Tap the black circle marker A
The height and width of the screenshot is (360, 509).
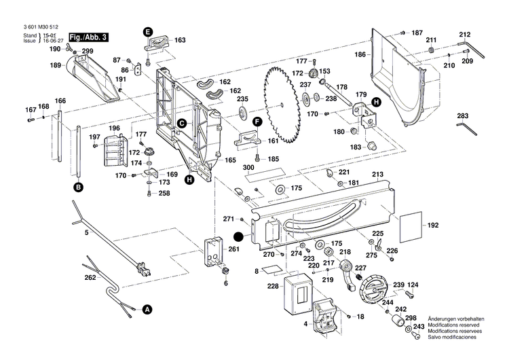146,309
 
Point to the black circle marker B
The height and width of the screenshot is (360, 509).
78,186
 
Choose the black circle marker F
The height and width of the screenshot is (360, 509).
257,122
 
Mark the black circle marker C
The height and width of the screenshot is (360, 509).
182,123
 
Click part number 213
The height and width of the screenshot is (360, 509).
378,175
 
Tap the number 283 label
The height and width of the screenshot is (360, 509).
463,115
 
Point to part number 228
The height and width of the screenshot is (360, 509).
273,287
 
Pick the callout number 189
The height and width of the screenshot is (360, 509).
56,65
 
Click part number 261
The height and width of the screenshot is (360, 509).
234,249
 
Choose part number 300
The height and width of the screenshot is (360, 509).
249,167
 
